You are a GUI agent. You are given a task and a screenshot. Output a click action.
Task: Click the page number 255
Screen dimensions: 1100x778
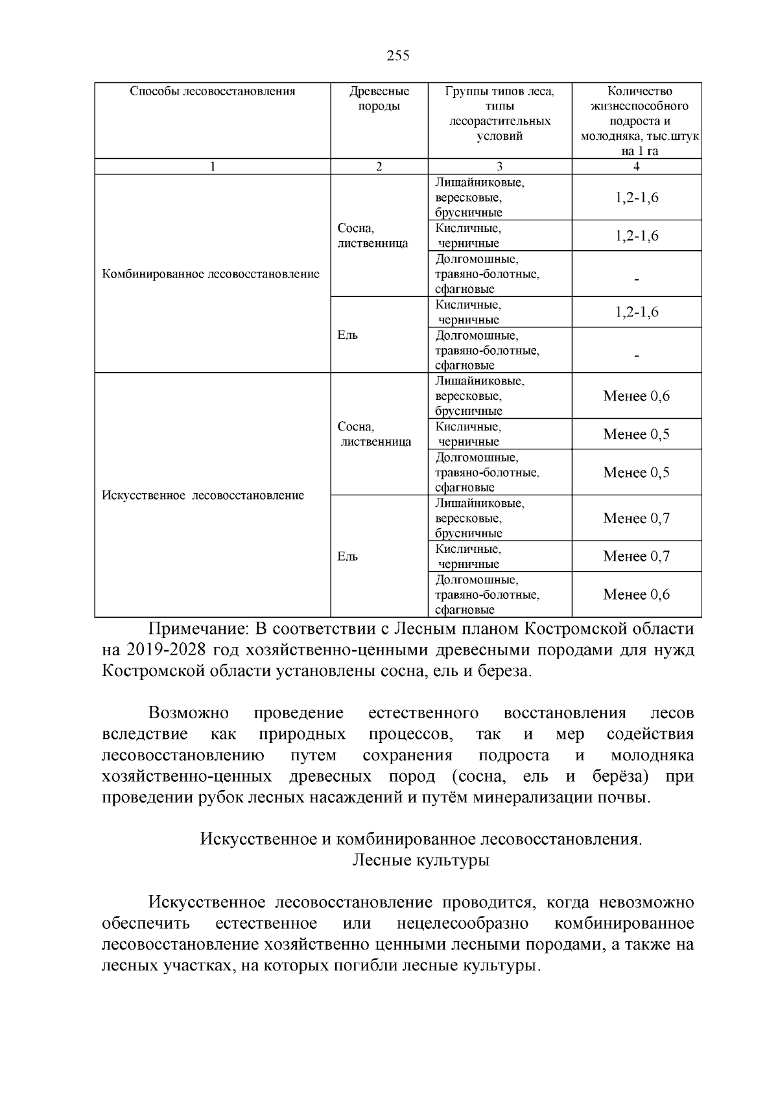click(397, 56)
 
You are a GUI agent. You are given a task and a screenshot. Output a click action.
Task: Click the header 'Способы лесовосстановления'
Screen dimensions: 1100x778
click(213, 91)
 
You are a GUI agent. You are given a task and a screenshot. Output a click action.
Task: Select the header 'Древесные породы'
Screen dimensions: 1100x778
click(379, 99)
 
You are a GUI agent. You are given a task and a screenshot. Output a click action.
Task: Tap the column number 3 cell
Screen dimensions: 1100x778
click(499, 167)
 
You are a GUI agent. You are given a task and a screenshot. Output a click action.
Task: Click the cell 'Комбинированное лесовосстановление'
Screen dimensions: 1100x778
click(211, 274)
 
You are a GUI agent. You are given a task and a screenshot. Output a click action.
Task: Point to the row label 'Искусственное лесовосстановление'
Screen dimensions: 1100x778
click(203, 496)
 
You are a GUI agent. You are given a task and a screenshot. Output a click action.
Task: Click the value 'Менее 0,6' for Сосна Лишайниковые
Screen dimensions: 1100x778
click(636, 396)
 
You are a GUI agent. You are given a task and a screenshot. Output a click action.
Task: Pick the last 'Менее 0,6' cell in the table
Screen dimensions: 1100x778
click(636, 594)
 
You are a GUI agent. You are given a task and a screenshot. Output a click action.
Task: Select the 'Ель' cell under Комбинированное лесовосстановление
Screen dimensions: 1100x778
click(348, 335)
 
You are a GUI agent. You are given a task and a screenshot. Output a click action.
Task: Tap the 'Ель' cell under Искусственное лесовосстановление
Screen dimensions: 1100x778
click(348, 557)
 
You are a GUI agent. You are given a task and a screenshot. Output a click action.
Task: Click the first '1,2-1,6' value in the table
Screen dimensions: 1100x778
click(636, 198)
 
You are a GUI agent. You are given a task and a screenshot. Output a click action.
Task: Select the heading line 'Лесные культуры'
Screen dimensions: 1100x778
click(420, 861)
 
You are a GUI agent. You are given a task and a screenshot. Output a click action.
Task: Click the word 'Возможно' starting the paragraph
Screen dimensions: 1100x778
click(189, 714)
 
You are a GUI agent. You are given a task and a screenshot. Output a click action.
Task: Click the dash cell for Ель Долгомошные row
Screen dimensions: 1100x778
click(636, 356)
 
